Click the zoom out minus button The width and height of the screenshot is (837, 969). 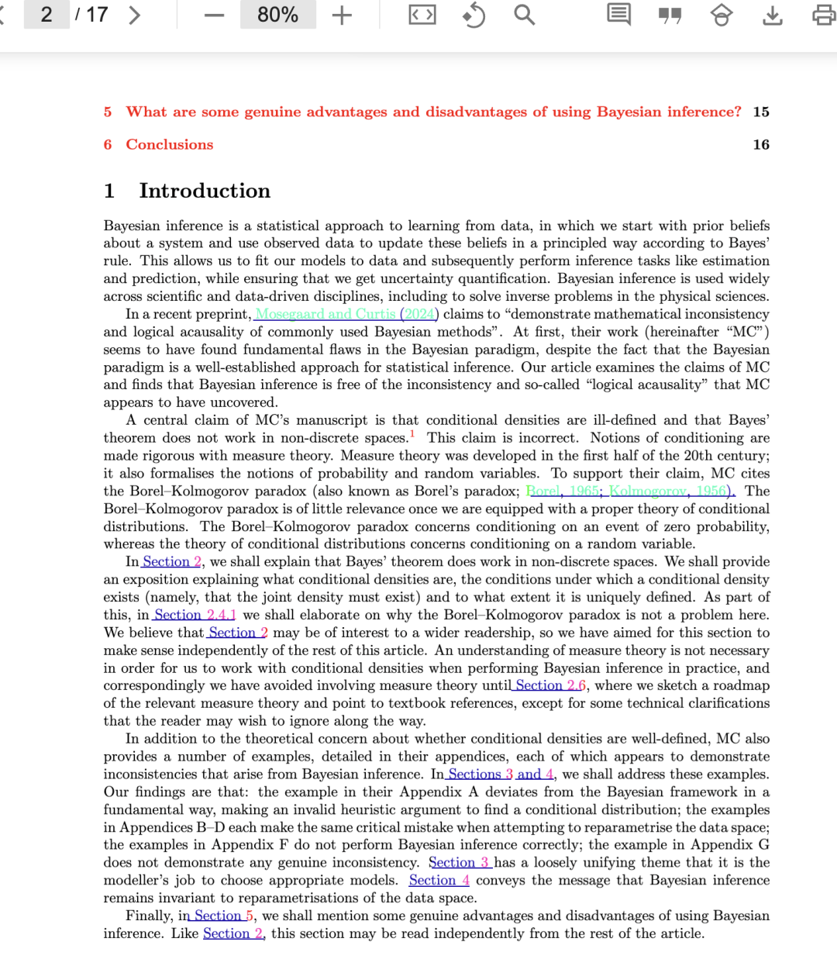pos(215,16)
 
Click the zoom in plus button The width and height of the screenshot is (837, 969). pos(342,16)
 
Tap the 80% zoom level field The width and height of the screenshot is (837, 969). pos(277,15)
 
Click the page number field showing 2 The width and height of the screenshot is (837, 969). pos(46,15)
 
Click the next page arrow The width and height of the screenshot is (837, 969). pos(135,15)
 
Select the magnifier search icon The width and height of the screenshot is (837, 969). pos(525,15)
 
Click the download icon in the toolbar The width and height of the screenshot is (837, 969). pos(773,16)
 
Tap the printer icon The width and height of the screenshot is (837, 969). pos(823,16)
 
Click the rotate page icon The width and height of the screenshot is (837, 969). pos(474,16)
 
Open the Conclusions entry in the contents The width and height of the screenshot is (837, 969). pos(169,144)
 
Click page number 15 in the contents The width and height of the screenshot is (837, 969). pos(761,112)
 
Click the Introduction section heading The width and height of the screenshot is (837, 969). pos(205,191)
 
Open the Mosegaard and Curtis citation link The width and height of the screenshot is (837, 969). pos(325,314)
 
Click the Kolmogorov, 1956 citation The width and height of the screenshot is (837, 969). pos(670,491)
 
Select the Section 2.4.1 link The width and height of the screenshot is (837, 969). pos(195,615)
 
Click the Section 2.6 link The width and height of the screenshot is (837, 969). pos(551,685)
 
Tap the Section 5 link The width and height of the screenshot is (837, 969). pos(224,916)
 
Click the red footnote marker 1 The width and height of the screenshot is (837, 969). pos(412,434)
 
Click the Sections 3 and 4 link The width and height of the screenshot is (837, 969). pos(501,774)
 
